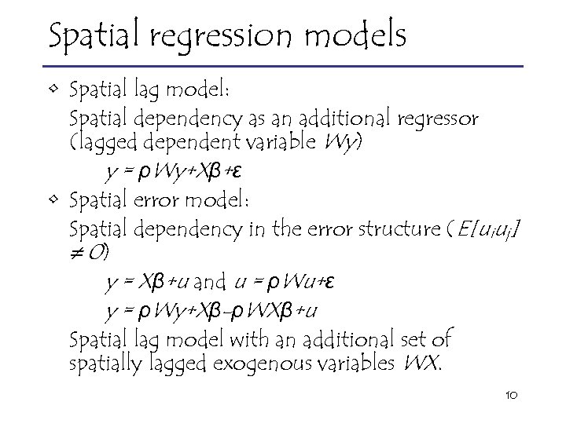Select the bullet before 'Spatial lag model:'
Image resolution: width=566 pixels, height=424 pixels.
tap(51, 89)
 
